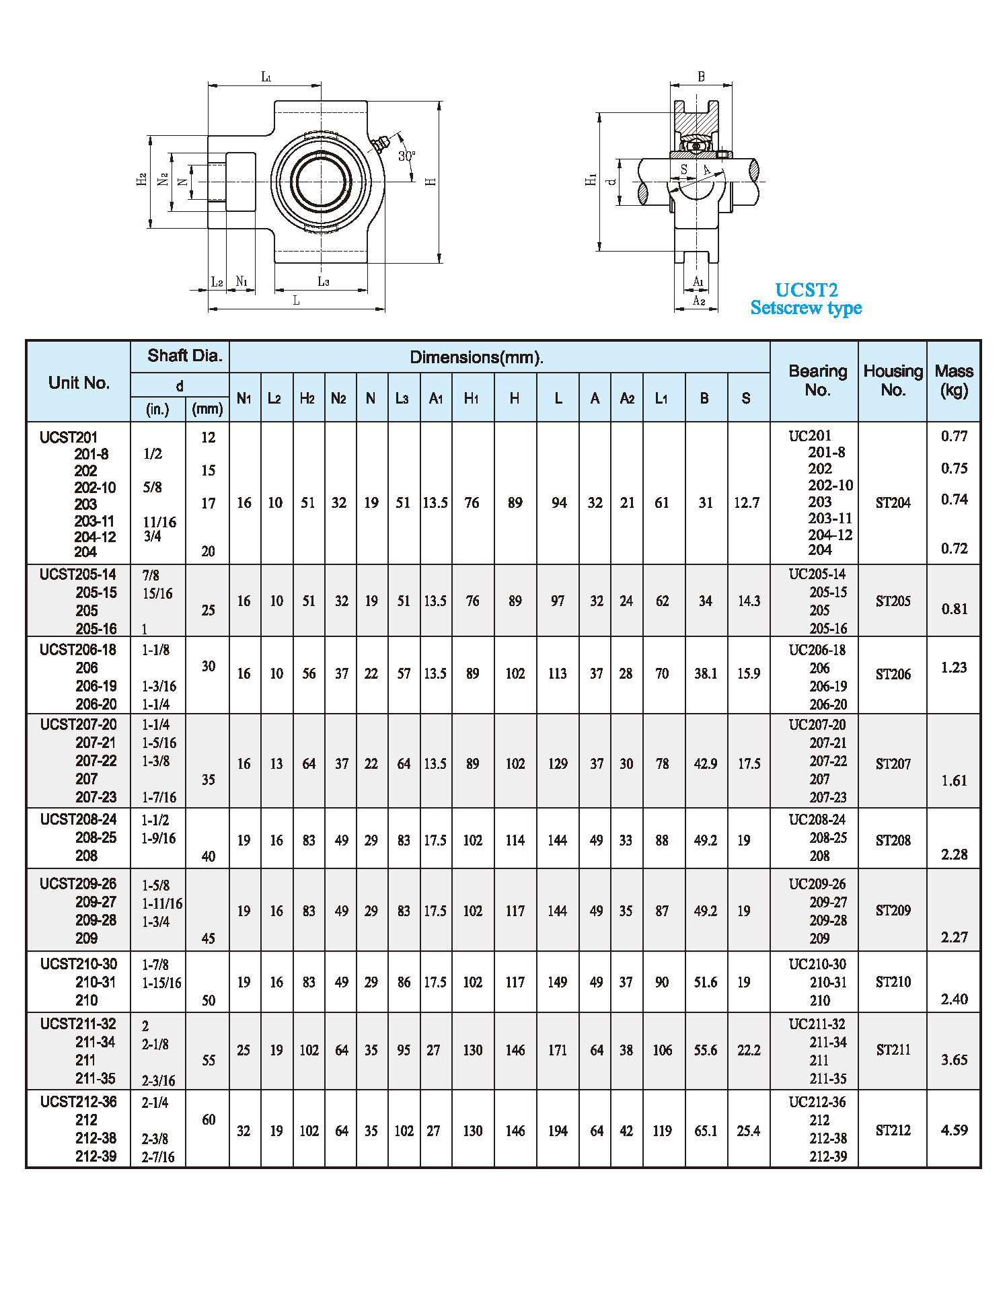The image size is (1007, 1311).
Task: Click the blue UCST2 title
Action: coord(806,290)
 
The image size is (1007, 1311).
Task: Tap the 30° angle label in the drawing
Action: coord(406,156)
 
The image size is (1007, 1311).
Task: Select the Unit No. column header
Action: coord(79,383)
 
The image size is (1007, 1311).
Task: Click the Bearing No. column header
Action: coord(817,381)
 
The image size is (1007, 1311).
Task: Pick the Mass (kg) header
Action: coord(954,381)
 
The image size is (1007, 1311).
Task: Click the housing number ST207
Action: coord(893,764)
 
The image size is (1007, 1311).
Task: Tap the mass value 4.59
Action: coord(954,1130)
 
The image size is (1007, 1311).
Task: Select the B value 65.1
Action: coord(706,1131)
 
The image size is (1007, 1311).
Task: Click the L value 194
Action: coord(558,1131)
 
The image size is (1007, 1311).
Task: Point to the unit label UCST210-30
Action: coord(78,964)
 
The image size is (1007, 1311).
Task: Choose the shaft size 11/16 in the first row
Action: coord(159,522)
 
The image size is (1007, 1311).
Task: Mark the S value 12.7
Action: coord(747,502)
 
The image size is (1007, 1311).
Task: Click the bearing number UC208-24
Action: coord(817,819)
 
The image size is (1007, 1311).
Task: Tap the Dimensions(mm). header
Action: coord(476,357)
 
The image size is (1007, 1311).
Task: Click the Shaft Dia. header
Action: coord(185,356)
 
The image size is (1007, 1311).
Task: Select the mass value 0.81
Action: coord(954,609)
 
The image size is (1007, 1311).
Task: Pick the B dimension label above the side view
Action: coord(701,77)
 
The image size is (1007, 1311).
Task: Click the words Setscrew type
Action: coord(806,308)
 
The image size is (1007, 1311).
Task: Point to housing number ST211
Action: coord(893,1050)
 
